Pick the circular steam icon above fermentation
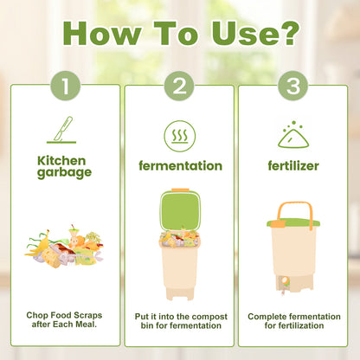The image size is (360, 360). pyautogui.click(x=179, y=134)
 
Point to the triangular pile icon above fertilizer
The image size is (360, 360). pyautogui.click(x=293, y=134)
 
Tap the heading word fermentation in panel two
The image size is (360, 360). pyautogui.click(x=179, y=164)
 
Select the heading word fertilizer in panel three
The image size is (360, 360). pyautogui.click(x=293, y=164)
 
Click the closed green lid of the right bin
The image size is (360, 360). pyautogui.click(x=293, y=222)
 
